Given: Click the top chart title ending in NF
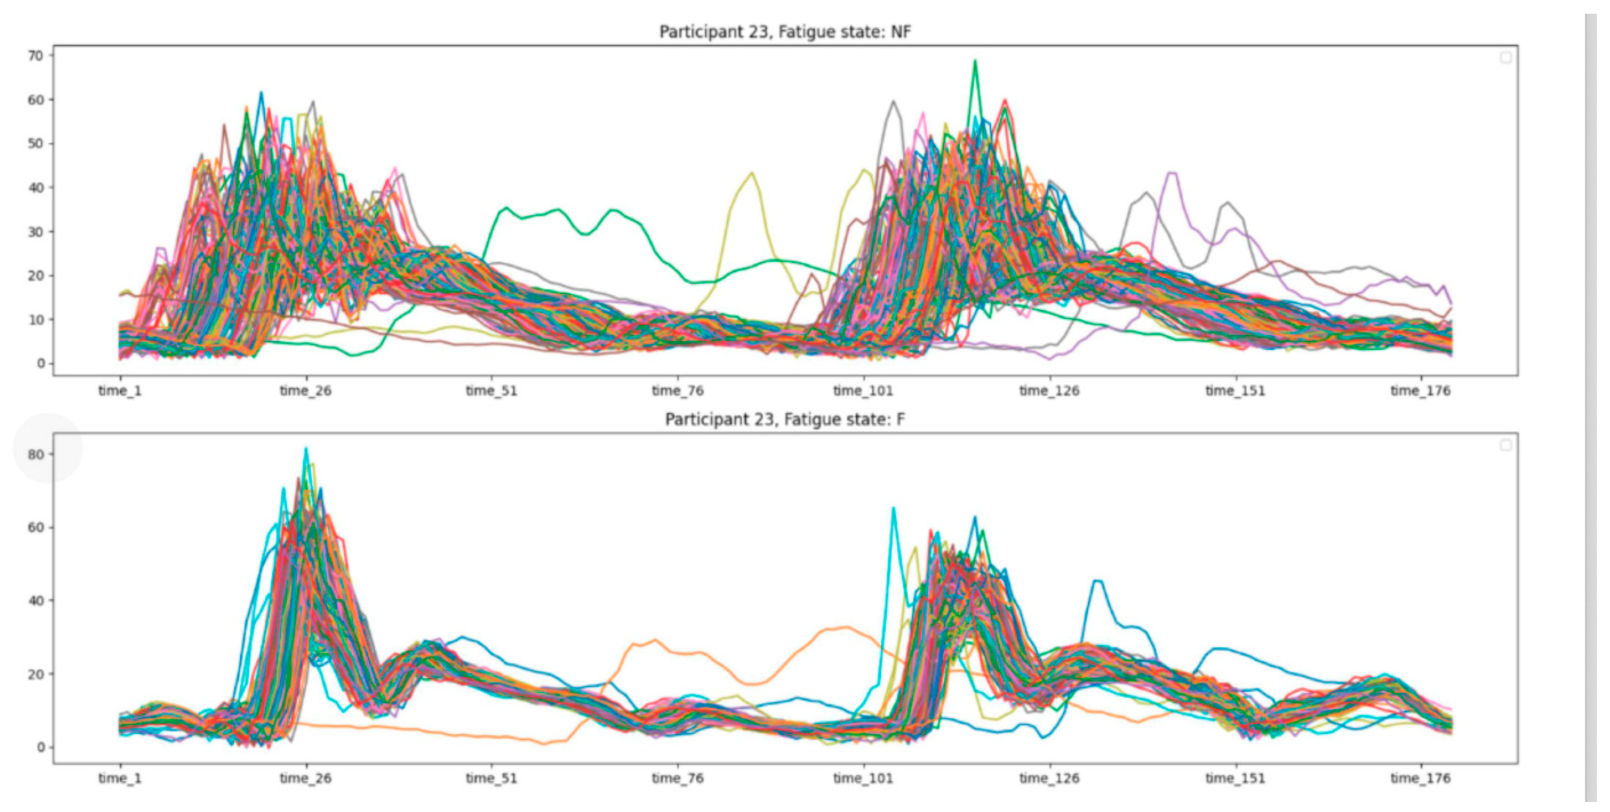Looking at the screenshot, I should click(x=785, y=31).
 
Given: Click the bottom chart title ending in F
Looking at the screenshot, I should click(x=785, y=419).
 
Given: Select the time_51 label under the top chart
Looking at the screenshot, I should click(x=491, y=391).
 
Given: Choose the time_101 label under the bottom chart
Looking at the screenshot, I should click(x=863, y=778).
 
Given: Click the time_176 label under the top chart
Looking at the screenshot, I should click(x=1420, y=391).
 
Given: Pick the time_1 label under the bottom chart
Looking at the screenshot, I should click(x=120, y=778).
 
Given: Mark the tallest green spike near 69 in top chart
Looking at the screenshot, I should click(x=974, y=61).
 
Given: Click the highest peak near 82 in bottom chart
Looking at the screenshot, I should click(x=306, y=449).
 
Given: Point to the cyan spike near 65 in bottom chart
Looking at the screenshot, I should click(x=893, y=509).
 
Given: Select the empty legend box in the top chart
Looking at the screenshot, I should click(x=1506, y=57).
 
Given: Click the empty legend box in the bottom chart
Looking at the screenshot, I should click(x=1506, y=445).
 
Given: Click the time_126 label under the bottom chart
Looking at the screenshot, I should click(x=1049, y=778).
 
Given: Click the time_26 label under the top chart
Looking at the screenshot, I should click(x=306, y=391).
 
